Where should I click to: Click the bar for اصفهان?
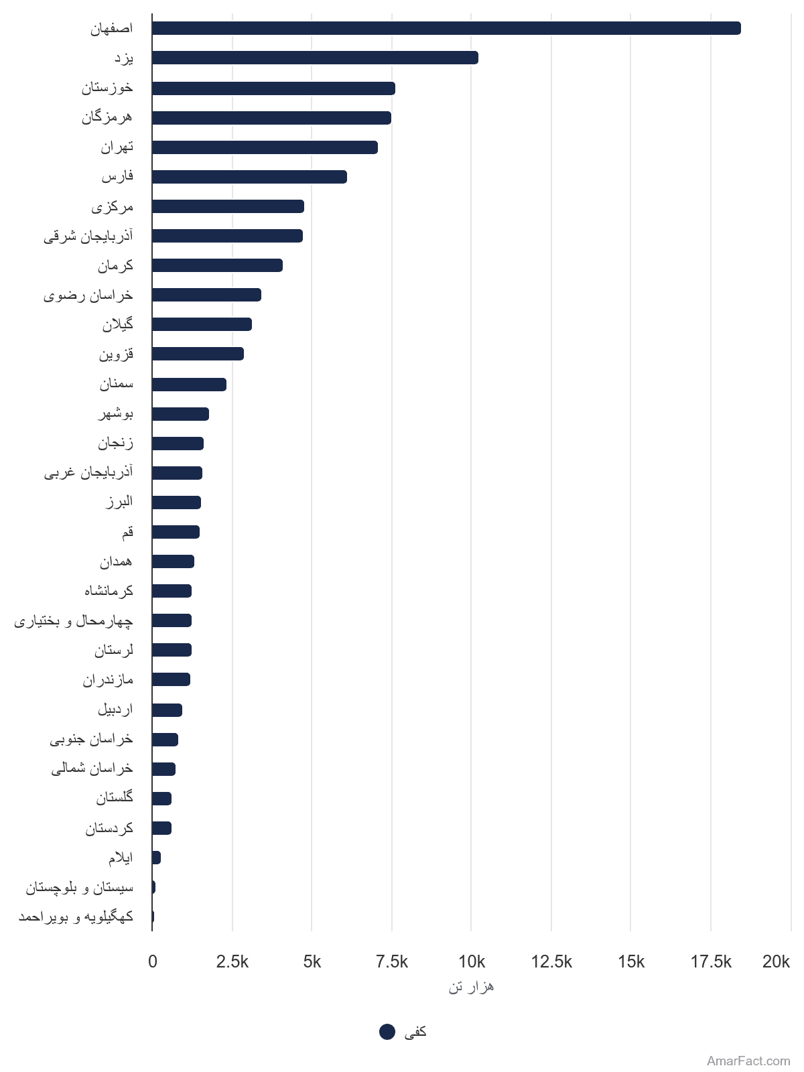click(446, 28)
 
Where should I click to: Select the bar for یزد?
click(315, 58)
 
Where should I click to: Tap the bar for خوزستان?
click(273, 88)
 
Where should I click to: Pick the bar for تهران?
click(265, 147)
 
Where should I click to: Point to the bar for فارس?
click(249, 177)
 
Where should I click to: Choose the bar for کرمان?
click(217, 265)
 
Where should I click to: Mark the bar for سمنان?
click(189, 385)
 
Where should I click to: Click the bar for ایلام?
click(156, 857)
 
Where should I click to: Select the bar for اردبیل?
click(167, 710)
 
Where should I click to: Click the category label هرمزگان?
click(107, 118)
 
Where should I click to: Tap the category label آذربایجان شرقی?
click(88, 236)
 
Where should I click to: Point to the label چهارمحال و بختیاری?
click(74, 620)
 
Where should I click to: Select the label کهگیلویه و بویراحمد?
click(76, 916)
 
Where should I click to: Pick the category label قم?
click(127, 533)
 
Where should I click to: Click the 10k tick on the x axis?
click(472, 961)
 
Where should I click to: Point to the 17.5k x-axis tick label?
click(711, 961)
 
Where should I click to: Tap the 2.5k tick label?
click(232, 961)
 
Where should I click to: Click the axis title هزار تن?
click(471, 986)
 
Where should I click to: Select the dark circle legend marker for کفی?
click(387, 1031)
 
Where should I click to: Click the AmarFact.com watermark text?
click(748, 1061)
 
